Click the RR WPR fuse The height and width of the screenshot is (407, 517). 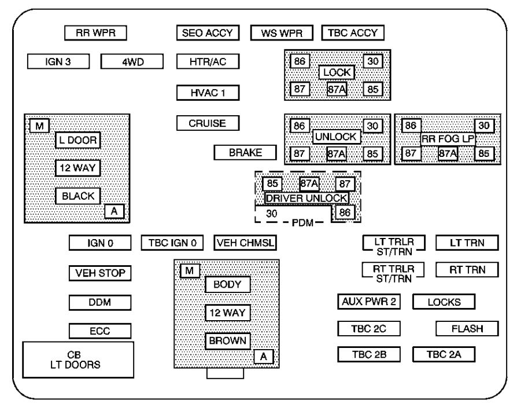(x=95, y=33)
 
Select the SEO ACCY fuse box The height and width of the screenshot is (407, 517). (x=207, y=33)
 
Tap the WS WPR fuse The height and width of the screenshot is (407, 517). (x=282, y=33)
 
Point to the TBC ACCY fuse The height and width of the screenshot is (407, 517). (x=353, y=33)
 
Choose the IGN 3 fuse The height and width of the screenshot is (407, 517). (x=58, y=61)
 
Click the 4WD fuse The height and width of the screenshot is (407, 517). (x=132, y=61)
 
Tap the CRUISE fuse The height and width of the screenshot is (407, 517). (x=207, y=123)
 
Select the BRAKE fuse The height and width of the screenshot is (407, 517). (x=245, y=153)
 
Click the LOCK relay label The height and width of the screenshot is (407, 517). (x=337, y=73)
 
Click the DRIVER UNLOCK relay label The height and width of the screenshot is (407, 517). (x=306, y=198)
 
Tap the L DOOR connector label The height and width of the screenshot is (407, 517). (x=77, y=140)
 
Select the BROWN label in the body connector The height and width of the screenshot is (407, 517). (x=228, y=340)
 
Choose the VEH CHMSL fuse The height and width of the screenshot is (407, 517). (x=245, y=243)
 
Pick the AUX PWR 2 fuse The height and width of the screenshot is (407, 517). (x=369, y=302)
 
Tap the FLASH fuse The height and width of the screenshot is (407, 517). (x=467, y=329)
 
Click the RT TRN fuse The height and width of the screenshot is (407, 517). (x=467, y=269)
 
